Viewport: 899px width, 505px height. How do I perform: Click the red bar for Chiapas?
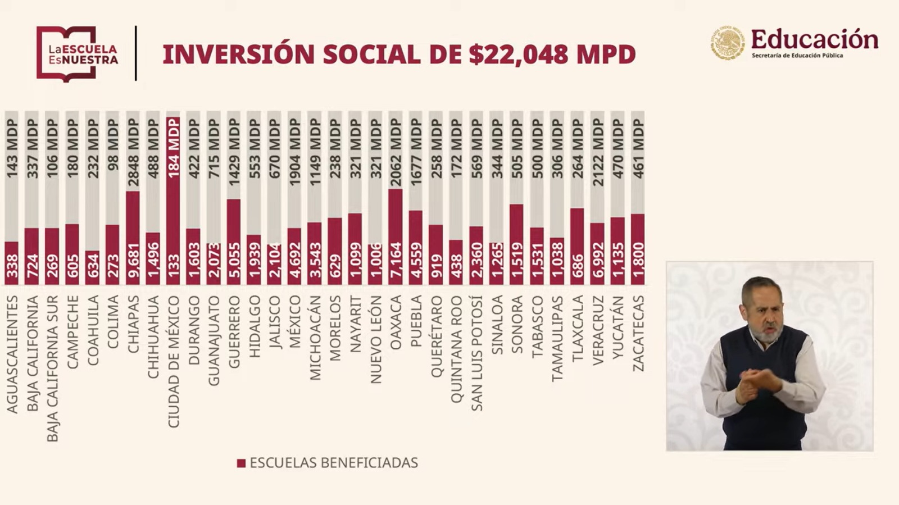tap(133, 238)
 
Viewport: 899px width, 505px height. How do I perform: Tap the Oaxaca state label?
tap(396, 322)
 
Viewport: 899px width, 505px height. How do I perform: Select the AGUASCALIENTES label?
tap(12, 354)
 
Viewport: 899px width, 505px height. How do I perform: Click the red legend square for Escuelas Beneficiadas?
tap(241, 463)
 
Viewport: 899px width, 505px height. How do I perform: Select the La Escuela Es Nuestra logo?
tap(77, 54)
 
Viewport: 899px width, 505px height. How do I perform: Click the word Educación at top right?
tap(814, 39)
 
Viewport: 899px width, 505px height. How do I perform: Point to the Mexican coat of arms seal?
tap(728, 43)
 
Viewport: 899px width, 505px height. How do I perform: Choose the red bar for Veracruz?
tap(597, 253)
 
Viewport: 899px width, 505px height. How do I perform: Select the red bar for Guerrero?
tap(234, 242)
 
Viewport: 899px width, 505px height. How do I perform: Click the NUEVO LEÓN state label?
tap(376, 340)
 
